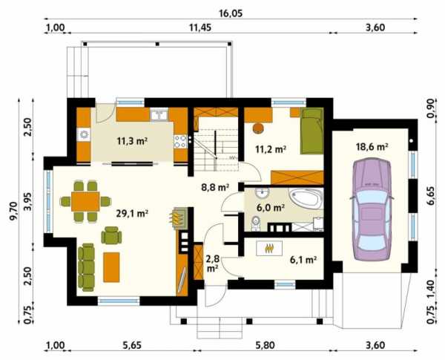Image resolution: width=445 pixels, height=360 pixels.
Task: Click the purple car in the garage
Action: tap(372, 210)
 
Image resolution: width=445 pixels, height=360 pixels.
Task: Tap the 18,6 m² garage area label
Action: tap(372, 147)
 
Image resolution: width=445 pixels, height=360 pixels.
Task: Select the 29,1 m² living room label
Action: tap(132, 213)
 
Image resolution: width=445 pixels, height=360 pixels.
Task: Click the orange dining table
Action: tap(85, 201)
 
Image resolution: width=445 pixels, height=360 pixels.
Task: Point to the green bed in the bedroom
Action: tap(312, 131)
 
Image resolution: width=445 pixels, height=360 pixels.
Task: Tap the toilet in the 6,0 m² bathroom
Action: tap(256, 223)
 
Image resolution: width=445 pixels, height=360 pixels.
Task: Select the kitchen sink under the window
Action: tap(159, 114)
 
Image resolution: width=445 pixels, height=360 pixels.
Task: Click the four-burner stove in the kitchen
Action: tap(180, 141)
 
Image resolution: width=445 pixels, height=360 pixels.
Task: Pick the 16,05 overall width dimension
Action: tap(231, 13)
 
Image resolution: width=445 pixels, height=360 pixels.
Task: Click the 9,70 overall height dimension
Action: tap(13, 211)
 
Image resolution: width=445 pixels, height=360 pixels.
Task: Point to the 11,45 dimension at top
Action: tap(200, 28)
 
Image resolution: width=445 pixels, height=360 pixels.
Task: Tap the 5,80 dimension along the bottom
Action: tap(266, 345)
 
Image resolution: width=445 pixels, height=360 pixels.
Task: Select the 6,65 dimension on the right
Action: tap(431, 196)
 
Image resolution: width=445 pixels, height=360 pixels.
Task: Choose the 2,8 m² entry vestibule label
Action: tap(212, 264)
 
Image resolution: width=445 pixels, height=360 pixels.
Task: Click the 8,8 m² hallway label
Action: tap(215, 187)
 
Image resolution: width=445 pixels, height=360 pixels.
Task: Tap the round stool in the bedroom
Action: tap(258, 128)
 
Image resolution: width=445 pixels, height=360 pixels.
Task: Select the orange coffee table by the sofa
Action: tap(111, 267)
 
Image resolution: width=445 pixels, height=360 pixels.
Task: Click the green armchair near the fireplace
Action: tap(111, 235)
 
